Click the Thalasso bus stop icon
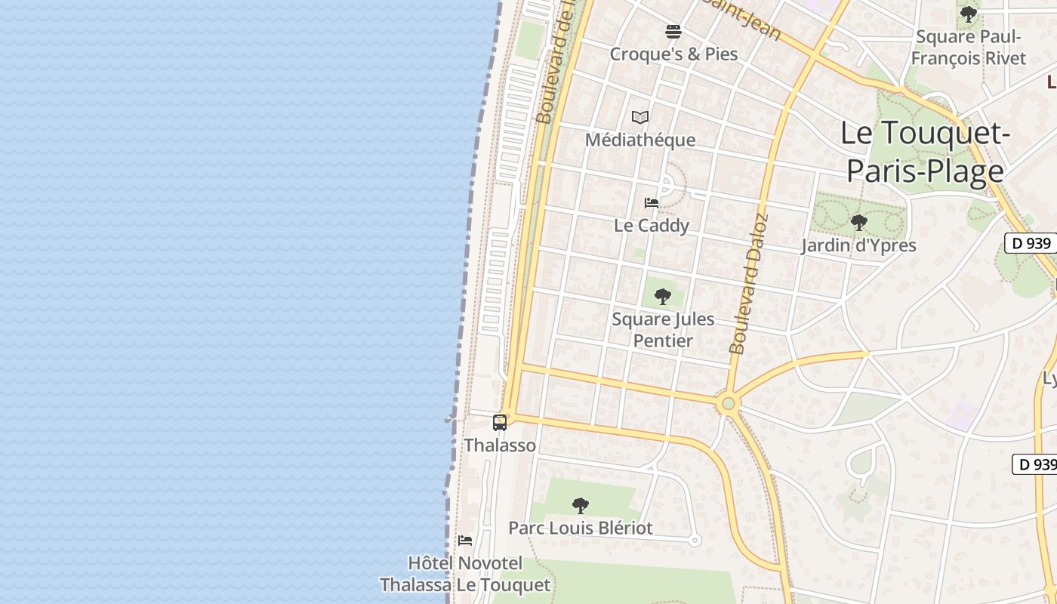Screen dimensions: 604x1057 coord(500,423)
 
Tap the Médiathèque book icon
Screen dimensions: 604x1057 coord(640,117)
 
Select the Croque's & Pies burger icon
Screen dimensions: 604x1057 coord(673,32)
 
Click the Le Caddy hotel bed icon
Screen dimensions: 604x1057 coord(652,202)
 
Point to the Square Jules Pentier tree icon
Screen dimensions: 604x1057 coord(663,297)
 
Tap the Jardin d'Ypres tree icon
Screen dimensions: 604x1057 coord(858,223)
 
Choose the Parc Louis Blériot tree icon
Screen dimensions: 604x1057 coord(580,505)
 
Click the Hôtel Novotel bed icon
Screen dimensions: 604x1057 coord(465,541)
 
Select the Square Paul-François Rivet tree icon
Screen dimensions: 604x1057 coord(968,14)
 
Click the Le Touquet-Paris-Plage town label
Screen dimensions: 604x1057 coord(925,153)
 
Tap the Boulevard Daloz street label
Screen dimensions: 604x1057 coord(749,284)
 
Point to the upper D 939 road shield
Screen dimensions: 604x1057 coord(1031,243)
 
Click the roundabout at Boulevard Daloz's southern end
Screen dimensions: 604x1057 coord(728,404)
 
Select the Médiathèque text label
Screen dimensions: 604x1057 coord(640,140)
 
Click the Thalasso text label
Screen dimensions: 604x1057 coord(500,445)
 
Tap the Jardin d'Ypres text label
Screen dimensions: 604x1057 coord(858,245)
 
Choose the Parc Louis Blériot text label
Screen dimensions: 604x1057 coord(580,528)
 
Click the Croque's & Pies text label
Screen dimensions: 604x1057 coord(673,54)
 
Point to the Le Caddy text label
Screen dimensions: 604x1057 coord(652,226)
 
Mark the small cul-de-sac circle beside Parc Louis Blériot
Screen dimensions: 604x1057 coord(695,540)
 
